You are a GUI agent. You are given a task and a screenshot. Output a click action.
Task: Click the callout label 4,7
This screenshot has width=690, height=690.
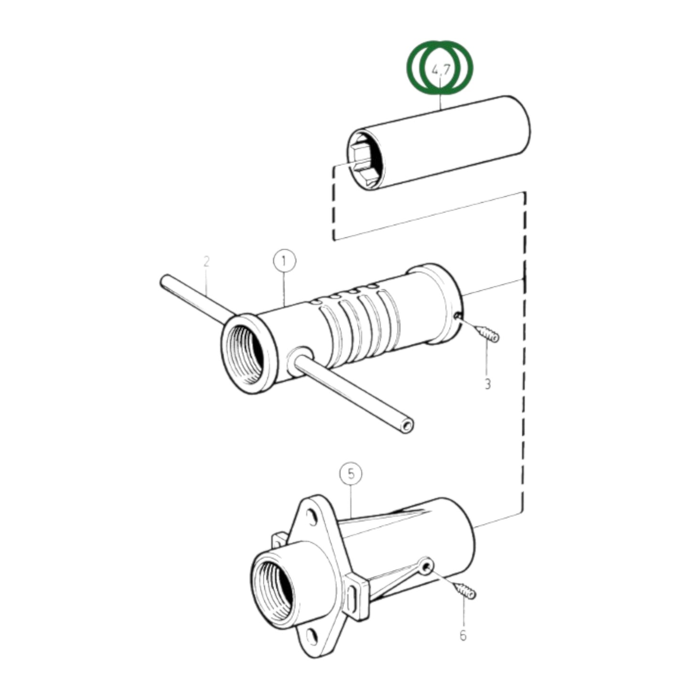(x=440, y=70)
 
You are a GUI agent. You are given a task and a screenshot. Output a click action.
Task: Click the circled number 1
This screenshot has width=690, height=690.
(x=285, y=261)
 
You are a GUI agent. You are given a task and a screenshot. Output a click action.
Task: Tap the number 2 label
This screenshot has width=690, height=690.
(x=206, y=262)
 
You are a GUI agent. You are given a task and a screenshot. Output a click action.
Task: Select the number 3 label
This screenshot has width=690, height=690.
(x=487, y=383)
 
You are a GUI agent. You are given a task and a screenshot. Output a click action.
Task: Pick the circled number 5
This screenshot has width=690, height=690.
(x=351, y=474)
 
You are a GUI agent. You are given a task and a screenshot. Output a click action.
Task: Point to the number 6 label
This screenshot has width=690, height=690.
(x=462, y=636)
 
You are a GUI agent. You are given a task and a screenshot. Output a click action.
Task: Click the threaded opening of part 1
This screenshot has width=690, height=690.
(x=244, y=354)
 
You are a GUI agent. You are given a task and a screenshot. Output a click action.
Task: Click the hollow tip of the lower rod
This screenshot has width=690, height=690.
(x=407, y=425)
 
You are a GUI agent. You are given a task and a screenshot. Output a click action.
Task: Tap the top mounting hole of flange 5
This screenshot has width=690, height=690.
(x=312, y=516)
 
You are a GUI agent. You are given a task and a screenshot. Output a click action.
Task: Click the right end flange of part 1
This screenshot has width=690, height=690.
(x=444, y=303)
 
